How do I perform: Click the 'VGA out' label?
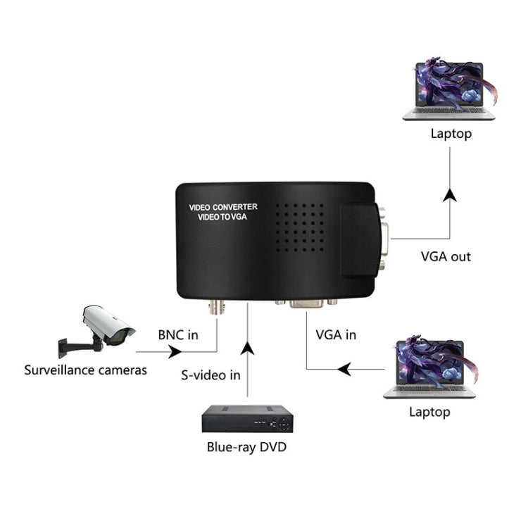446,256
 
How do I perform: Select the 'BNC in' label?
177,334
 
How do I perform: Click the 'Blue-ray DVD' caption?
246,446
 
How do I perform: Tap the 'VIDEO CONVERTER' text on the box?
224,207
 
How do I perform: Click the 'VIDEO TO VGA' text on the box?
223,218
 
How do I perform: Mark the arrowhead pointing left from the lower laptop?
344,368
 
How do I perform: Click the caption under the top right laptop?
451,133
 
